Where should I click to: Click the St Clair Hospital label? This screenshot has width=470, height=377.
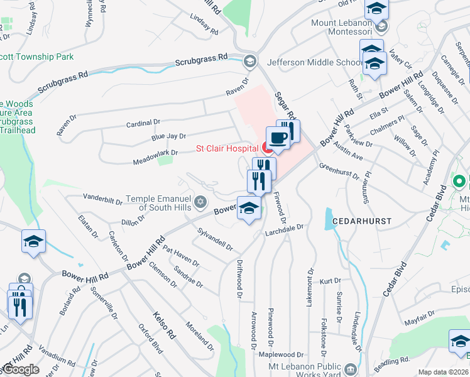(x=227, y=149)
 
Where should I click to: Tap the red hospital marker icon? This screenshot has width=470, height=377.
(x=266, y=149)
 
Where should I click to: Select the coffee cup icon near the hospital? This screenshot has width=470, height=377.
(x=277, y=137)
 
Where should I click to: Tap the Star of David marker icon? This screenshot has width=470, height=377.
(x=200, y=202)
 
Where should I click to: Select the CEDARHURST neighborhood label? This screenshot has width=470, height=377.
(x=363, y=222)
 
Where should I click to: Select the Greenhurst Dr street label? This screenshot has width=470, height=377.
(x=339, y=172)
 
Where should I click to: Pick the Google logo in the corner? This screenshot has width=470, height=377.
(x=21, y=369)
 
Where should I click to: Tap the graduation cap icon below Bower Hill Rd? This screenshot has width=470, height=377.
(x=249, y=207)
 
